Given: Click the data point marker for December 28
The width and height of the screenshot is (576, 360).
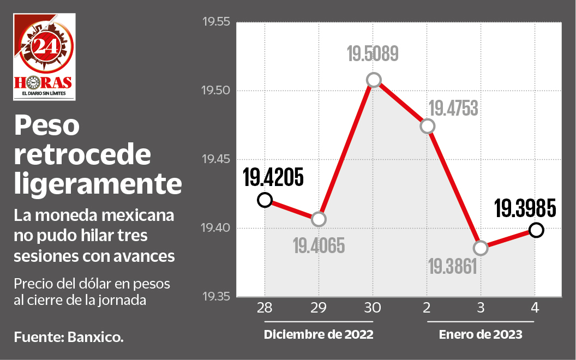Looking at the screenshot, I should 265,200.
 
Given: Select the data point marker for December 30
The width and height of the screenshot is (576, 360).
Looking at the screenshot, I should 373,80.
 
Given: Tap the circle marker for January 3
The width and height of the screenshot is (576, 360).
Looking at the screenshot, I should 481,248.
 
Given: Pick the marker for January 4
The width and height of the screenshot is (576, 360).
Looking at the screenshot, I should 536,230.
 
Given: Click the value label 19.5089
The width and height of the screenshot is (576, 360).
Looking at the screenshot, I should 373,55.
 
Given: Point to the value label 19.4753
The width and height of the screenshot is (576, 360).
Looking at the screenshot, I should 453,109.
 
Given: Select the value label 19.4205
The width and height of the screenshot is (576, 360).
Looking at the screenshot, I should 273,177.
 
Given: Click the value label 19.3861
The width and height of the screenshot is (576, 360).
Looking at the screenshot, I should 453,267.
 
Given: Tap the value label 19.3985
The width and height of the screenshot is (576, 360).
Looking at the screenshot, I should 525,208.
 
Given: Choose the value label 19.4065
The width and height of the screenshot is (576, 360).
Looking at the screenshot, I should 319,246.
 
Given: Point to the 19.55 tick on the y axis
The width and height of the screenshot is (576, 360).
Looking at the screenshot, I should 217,22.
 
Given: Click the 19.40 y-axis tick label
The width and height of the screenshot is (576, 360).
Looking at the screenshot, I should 217,228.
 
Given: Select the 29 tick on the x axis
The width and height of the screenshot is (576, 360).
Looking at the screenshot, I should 319,308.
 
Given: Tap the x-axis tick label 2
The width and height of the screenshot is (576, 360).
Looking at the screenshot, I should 427,308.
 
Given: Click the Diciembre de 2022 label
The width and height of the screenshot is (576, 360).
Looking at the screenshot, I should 319,334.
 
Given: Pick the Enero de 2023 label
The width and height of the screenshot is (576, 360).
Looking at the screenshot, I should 481,334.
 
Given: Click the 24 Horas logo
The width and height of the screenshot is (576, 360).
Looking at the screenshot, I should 45,57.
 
